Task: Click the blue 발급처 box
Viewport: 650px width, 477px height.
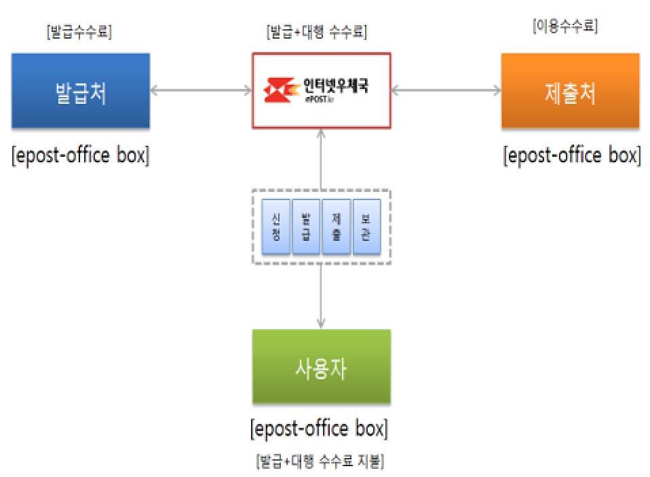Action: point(80,92)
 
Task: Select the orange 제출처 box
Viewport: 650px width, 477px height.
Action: point(570,92)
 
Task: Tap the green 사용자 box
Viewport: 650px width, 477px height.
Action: point(321,367)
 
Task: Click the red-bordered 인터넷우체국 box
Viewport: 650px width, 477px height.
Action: point(321,90)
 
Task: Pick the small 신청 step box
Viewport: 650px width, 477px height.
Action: point(275,227)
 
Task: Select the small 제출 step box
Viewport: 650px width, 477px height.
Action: point(337,227)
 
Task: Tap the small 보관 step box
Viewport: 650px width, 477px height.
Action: point(366,227)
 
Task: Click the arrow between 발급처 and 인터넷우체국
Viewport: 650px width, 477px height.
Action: point(201,90)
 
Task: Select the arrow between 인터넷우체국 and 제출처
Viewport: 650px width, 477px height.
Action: point(446,90)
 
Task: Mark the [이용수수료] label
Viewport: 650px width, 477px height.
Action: point(566,28)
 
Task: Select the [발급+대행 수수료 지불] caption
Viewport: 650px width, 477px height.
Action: point(320,461)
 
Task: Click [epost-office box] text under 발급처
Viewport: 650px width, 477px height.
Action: point(80,155)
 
